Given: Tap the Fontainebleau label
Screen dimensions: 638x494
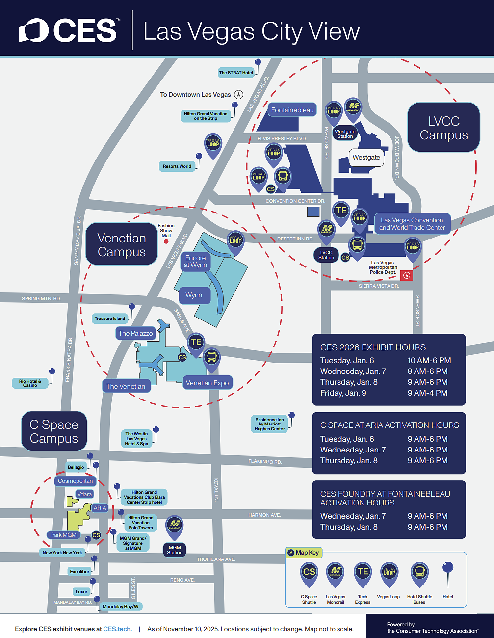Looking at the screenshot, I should pos(292,110).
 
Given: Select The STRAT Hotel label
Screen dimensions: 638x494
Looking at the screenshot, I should pos(236,73).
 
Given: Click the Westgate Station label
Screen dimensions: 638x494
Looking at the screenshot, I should pos(345,134).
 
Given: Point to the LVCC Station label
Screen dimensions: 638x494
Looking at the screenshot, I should pos(326,255).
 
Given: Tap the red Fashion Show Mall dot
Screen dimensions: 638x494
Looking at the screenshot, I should pos(166,241).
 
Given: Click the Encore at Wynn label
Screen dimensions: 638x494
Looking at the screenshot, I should pos(195,261).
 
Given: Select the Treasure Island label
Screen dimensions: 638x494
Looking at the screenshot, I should pos(110,319).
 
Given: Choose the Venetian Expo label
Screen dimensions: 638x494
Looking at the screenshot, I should pos(207,383).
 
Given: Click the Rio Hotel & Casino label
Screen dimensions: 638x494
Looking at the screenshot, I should pos(30,383).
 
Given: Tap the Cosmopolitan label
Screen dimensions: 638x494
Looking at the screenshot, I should pos(75,481).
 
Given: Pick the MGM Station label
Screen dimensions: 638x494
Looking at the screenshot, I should pos(175,550).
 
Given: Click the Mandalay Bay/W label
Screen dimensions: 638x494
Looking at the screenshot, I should pos(121,607).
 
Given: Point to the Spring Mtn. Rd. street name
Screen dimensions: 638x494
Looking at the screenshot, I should pos(41,298).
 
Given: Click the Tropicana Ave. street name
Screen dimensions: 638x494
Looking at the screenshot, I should pos(216,559).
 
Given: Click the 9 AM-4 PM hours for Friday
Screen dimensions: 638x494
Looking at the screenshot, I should pos(427,393).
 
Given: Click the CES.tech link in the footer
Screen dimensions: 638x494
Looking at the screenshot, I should pos(117,629).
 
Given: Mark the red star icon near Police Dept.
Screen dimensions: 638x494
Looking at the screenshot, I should pos(407,275).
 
